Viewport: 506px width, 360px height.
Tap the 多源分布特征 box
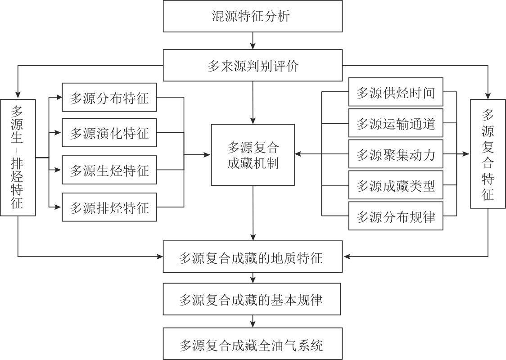[x=109, y=97]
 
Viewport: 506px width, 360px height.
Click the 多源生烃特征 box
[x=109, y=170]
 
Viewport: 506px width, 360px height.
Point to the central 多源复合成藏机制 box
[x=253, y=155]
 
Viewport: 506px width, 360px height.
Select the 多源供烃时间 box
[x=396, y=93]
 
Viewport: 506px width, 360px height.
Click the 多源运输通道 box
[x=396, y=123]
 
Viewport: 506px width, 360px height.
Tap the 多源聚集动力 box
[x=396, y=154]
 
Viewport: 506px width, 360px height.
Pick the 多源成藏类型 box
[x=396, y=185]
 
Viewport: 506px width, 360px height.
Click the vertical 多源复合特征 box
[x=488, y=153]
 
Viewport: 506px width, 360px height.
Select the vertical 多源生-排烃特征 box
[x=18, y=157]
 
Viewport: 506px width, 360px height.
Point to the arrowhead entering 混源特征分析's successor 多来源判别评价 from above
[x=253, y=46]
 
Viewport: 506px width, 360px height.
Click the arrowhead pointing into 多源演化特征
[x=59, y=133]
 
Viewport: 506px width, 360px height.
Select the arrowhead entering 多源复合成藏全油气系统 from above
[x=253, y=325]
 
